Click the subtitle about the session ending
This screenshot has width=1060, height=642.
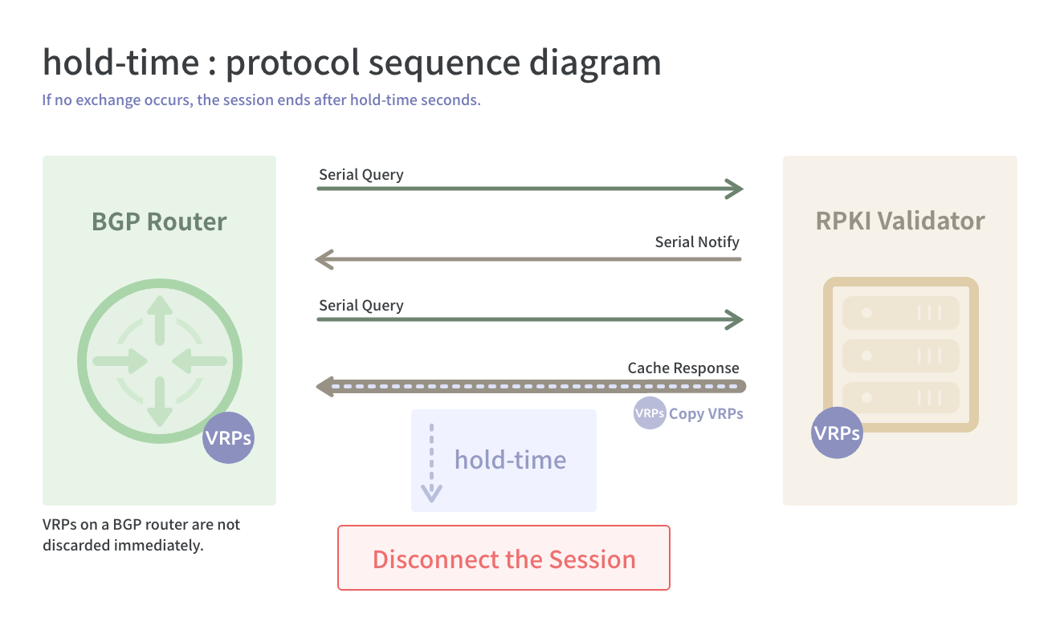click(261, 100)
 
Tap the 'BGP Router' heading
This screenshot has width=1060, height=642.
click(159, 221)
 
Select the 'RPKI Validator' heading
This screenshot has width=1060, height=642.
click(900, 221)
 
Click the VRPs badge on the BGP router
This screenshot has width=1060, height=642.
click(228, 438)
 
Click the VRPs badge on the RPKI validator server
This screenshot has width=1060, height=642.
click(837, 433)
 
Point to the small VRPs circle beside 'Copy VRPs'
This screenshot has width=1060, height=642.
click(649, 413)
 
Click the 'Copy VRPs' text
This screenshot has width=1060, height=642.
click(706, 413)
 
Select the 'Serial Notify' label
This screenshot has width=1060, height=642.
click(697, 242)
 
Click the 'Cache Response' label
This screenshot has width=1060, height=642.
click(683, 368)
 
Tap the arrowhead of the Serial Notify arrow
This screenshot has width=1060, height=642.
click(324, 259)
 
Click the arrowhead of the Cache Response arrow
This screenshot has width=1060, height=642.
click(325, 387)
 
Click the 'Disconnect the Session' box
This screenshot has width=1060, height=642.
click(503, 558)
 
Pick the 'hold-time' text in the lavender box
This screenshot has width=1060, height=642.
click(510, 460)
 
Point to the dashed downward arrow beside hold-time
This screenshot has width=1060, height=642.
click(431, 463)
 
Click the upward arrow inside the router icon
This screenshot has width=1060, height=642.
click(160, 320)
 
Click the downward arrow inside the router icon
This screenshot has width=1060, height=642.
click(160, 402)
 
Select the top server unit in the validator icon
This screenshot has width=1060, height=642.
click(900, 313)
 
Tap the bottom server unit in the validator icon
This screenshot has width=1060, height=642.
click(900, 397)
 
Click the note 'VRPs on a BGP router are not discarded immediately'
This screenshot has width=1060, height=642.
click(141, 534)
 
